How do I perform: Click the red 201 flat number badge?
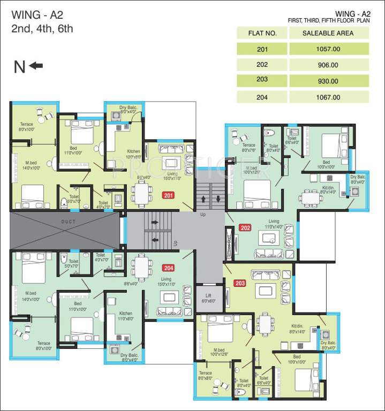169,195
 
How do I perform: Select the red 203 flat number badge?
240,283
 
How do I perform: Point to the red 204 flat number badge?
169,268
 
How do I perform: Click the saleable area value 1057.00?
328,49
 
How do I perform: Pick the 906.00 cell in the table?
328,65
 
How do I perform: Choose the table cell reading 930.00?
328,81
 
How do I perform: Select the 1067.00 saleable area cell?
328,97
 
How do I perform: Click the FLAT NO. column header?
262,33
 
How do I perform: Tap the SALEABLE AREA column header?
328,33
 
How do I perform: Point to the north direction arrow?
36,66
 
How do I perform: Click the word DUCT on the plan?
68,221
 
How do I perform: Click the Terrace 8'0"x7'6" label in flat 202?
248,148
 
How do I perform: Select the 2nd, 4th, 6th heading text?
42,29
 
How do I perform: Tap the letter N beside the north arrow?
20,66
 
